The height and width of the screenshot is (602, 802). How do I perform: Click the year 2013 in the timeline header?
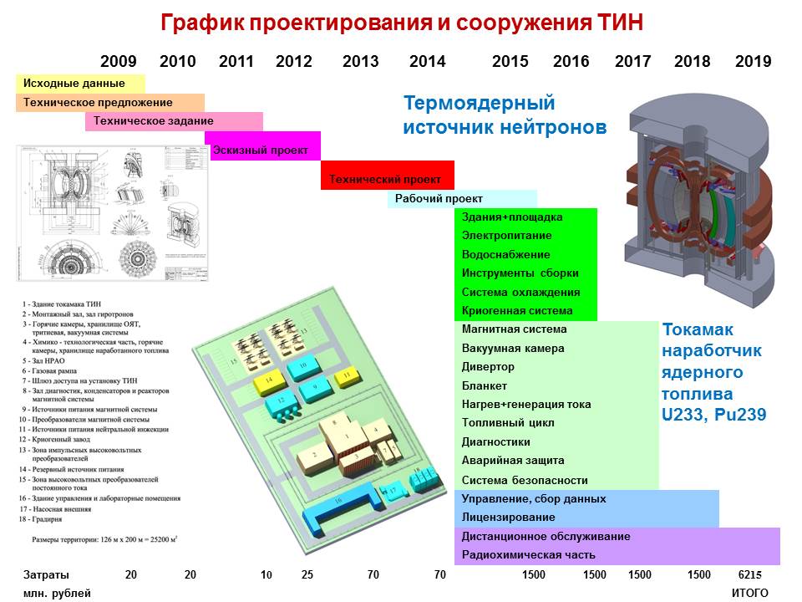tap(360, 61)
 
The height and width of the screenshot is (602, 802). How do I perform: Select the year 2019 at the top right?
tap(753, 61)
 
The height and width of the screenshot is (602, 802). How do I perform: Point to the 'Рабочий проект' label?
tap(439, 199)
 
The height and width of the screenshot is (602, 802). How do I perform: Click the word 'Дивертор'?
tap(488, 367)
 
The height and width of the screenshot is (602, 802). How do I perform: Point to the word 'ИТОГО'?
tap(749, 593)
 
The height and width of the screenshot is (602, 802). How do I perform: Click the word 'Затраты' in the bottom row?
tap(47, 575)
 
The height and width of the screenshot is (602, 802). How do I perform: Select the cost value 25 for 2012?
tap(307, 575)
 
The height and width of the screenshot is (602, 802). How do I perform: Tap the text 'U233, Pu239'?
tap(714, 414)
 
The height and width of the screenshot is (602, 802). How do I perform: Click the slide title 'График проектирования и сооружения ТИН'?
tap(402, 23)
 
